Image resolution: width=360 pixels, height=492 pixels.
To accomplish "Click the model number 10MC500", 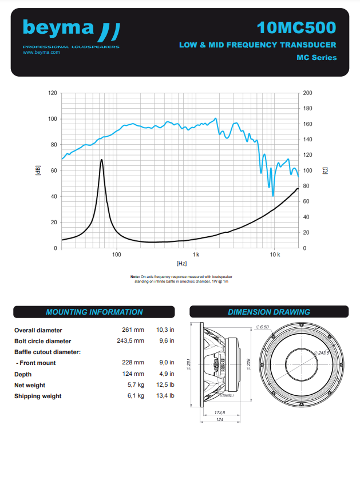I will tap(296, 27).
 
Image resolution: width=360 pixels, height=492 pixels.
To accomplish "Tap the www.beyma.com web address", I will tap(41, 52).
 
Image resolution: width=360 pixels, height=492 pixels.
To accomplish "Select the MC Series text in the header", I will tap(317, 57).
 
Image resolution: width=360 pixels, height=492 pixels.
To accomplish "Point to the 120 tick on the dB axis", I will tap(53, 93).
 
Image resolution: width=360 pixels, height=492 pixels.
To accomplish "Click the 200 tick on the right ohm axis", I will tap(307, 93).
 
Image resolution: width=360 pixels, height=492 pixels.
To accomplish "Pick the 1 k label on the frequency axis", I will tap(195, 254).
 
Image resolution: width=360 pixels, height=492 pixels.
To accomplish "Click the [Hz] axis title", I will tap(181, 263).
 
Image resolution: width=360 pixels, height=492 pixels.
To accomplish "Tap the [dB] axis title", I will tap(38, 170).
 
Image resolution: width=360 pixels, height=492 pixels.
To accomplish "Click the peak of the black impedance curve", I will tap(101, 160).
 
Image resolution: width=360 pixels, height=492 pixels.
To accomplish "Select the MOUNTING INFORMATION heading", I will tap(94, 312).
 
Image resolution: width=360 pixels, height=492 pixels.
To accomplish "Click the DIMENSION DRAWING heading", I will tap(269, 312).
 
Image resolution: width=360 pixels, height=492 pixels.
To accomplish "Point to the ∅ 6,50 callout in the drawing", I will tap(262, 327).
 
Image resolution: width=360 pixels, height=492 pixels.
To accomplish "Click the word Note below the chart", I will tap(135, 277).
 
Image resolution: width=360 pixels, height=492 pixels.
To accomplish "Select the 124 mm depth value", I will tap(133, 374).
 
